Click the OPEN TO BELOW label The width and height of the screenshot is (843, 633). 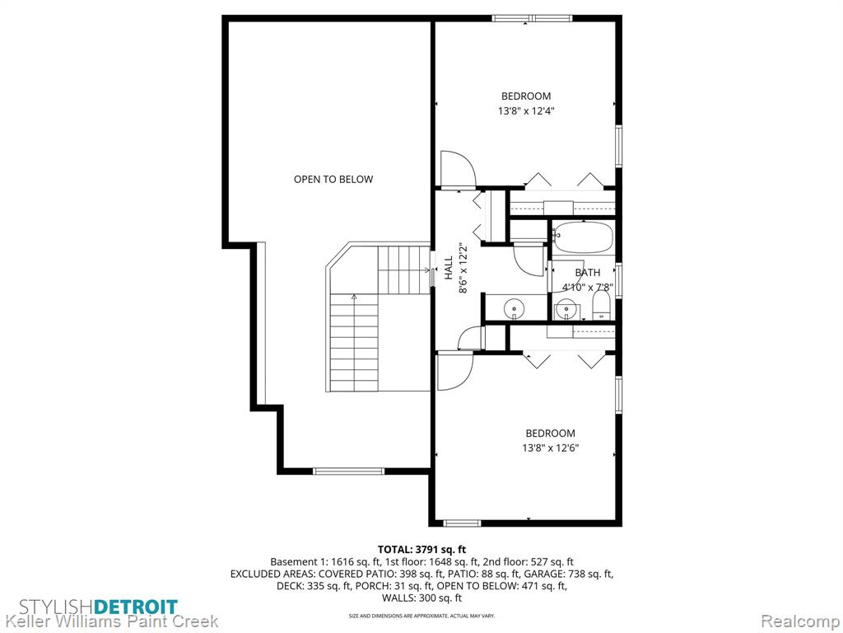tap(333, 179)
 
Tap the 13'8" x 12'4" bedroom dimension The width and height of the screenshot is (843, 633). tap(526, 111)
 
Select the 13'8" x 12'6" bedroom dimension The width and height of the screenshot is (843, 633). tap(550, 448)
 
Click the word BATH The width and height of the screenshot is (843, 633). tap(588, 272)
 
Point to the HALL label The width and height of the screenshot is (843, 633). tap(449, 268)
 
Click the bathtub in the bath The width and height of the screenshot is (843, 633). tap(584, 237)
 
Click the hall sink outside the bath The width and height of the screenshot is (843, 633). tap(515, 309)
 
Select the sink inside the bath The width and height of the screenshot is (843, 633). tap(568, 311)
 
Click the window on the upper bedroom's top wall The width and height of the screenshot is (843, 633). tap(532, 19)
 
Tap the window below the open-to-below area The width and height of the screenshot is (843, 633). tap(349, 471)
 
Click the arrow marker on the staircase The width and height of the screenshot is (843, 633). tap(354, 297)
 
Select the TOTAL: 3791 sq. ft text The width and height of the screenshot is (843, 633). tap(421, 550)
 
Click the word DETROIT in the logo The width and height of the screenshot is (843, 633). tap(136, 607)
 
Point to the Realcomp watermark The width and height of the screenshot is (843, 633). tap(800, 621)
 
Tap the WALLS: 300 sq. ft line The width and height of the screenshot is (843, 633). tap(421, 598)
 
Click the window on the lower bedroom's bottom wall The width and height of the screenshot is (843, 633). tap(462, 523)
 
